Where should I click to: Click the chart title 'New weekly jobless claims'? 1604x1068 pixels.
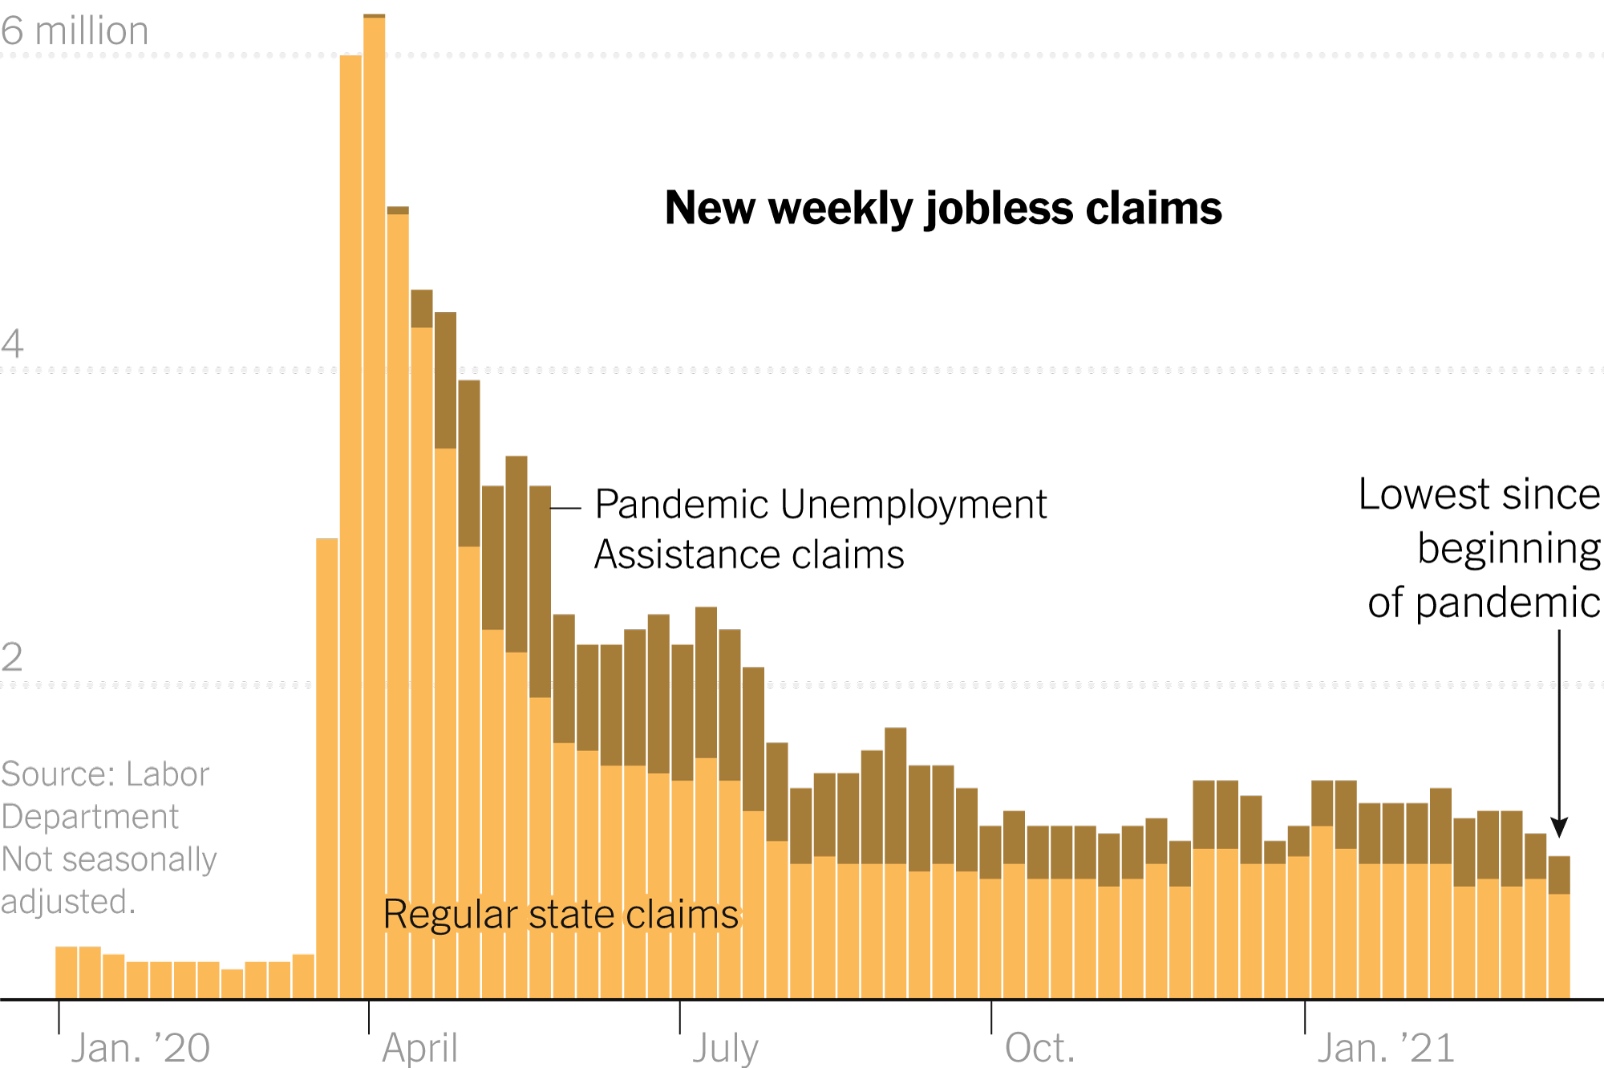[x=943, y=209]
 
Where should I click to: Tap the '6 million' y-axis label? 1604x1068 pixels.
[x=75, y=31]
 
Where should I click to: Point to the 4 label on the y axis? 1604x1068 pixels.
[x=12, y=344]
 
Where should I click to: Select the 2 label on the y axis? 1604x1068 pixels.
[x=12, y=658]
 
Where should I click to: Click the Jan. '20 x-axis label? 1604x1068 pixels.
[x=140, y=1048]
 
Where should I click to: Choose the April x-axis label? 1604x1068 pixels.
[x=419, y=1048]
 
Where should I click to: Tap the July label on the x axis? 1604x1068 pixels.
[x=725, y=1048]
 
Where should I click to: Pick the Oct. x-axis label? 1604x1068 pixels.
[x=1039, y=1048]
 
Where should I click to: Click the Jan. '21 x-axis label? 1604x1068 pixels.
[x=1386, y=1048]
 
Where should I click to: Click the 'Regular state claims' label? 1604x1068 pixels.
[x=561, y=915]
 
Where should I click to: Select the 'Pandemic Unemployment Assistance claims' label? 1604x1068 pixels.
[x=820, y=530]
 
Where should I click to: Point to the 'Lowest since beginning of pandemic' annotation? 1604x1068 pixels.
[x=1480, y=548]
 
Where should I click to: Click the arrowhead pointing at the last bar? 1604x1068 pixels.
[x=1559, y=827]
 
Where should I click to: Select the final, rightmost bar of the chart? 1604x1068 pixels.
[x=1559, y=931]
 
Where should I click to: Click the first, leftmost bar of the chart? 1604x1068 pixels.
[x=67, y=973]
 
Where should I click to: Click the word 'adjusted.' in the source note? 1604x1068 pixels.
[x=68, y=902]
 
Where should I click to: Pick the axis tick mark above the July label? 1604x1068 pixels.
[x=680, y=1017]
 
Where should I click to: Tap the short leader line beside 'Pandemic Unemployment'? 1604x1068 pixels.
[x=565, y=509]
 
